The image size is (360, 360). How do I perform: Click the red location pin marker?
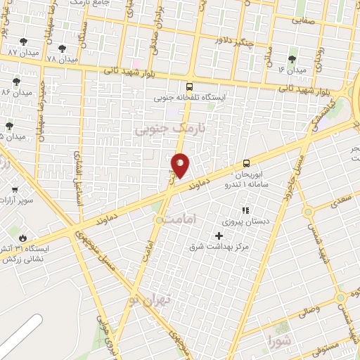point(180,165)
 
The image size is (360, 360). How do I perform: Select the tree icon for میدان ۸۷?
point(24,42)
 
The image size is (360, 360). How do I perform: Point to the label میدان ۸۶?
point(17,92)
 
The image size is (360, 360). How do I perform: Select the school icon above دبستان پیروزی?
point(245,210)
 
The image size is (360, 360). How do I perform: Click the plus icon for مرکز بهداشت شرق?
point(218,235)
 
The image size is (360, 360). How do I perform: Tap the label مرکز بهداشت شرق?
point(216,247)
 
